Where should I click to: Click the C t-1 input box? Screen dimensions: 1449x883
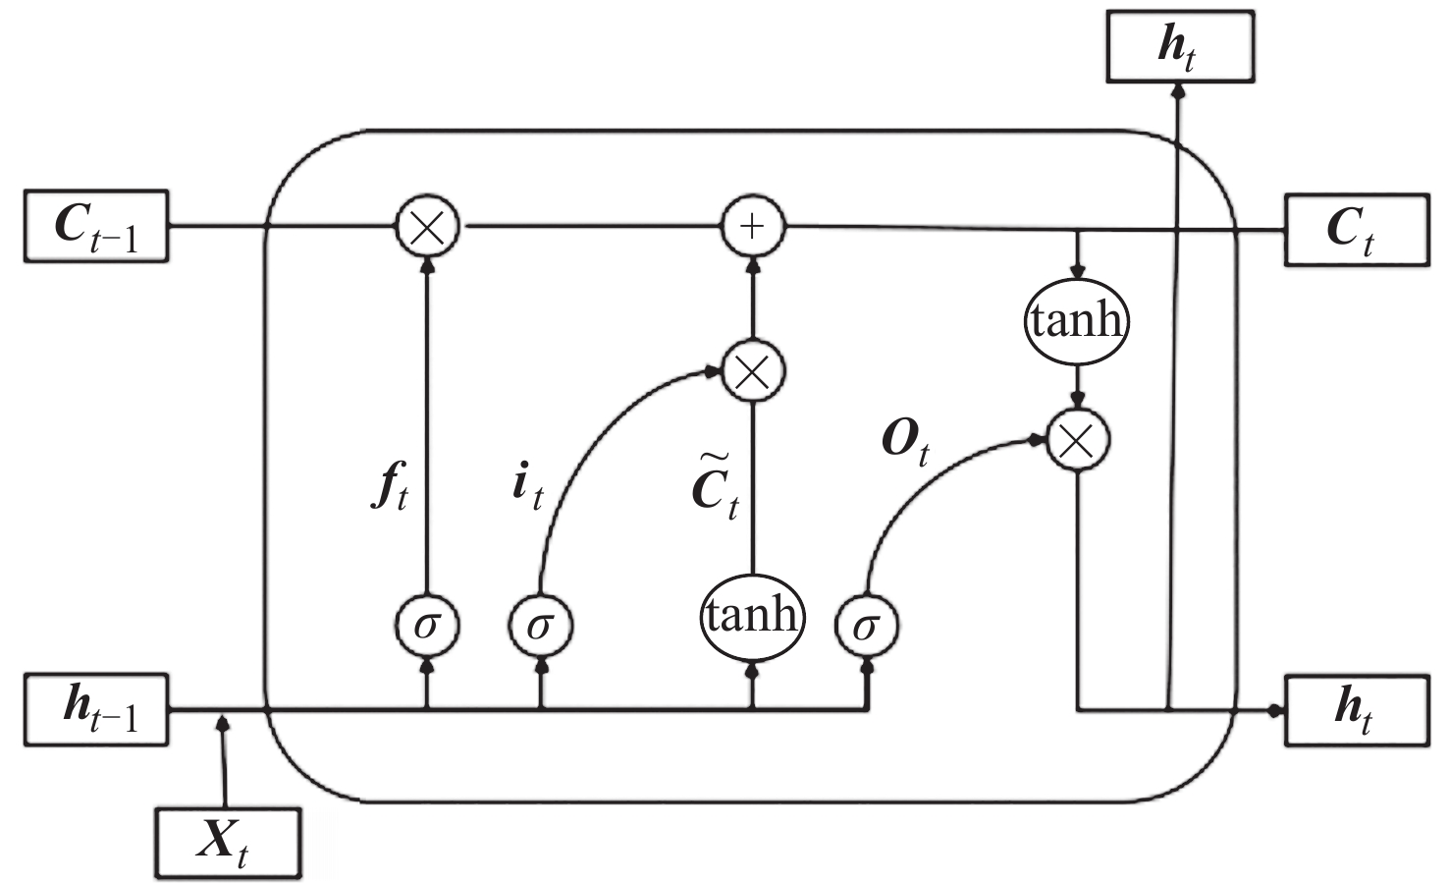tap(96, 226)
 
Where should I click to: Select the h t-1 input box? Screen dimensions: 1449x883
tap(96, 710)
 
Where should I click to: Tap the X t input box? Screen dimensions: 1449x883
tap(229, 844)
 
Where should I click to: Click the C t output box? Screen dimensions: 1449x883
tap(1357, 229)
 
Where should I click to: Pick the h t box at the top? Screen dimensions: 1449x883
tap(1181, 46)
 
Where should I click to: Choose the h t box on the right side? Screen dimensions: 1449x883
tap(1357, 711)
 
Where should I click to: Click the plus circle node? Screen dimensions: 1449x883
tap(752, 227)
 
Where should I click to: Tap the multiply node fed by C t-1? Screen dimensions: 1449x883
tap(427, 227)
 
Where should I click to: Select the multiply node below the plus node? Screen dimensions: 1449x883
tap(753, 371)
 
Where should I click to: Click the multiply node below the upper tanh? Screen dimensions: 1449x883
tap(1078, 440)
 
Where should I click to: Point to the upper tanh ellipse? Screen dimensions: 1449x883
tap(1077, 321)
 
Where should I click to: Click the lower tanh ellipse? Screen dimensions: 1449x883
tap(752, 617)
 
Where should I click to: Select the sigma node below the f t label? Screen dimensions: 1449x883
tap(427, 626)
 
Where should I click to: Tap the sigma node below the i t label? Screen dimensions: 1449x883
tap(541, 626)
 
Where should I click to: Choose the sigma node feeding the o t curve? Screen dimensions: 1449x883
tap(866, 626)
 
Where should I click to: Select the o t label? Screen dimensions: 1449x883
tap(905, 444)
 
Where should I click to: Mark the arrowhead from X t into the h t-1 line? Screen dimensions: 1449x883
tap(223, 722)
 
